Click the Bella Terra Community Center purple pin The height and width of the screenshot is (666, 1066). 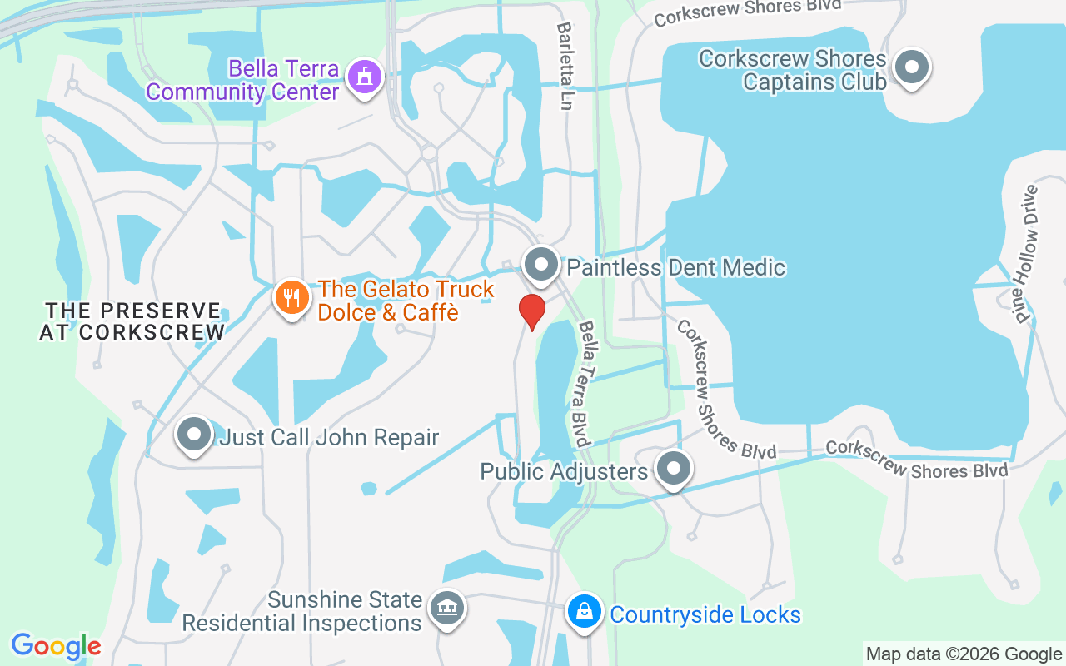[x=364, y=77]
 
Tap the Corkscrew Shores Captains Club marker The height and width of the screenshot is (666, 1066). [x=911, y=67]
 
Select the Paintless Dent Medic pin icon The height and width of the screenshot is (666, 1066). [x=542, y=265]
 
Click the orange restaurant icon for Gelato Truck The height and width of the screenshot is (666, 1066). [x=291, y=297]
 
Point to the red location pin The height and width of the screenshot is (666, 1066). [x=531, y=311]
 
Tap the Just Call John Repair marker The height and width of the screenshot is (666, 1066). [x=194, y=435]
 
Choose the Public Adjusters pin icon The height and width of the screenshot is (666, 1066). [x=675, y=469]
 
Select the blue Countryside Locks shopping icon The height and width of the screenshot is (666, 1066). [x=585, y=613]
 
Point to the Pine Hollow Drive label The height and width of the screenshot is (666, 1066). [x=1028, y=253]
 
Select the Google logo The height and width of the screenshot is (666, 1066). [x=56, y=645]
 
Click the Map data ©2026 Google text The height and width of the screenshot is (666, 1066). [x=964, y=654]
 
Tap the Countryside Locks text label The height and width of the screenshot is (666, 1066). [x=705, y=615]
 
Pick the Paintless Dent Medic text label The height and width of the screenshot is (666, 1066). [x=676, y=267]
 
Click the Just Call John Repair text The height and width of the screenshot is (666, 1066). [x=329, y=437]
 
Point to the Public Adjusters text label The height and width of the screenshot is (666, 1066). [x=564, y=472]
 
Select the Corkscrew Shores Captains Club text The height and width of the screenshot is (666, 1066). [x=793, y=70]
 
